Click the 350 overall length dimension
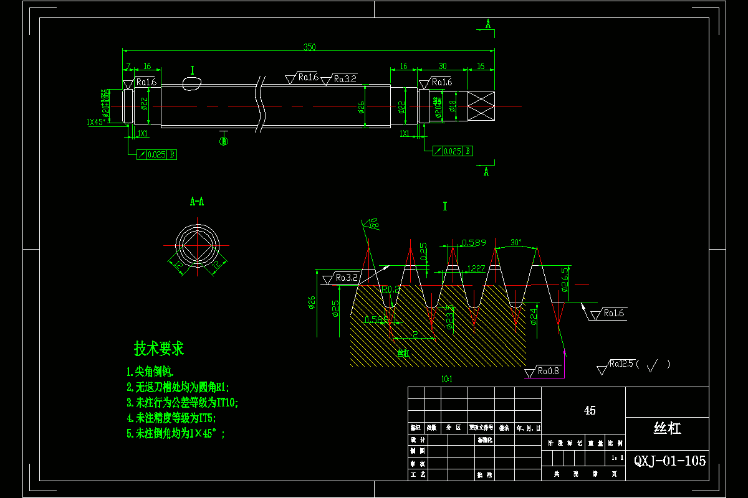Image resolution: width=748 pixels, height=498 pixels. tap(309, 47)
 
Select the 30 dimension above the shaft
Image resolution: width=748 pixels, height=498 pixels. tap(443, 66)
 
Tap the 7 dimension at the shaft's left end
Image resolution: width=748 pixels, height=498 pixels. tap(128, 66)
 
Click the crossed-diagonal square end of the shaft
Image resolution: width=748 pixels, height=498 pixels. tap(481, 106)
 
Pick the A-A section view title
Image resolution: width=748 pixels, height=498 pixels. tap(197, 202)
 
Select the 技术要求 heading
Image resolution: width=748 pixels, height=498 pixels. tap(159, 349)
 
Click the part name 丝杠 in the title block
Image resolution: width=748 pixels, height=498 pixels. tap(666, 428)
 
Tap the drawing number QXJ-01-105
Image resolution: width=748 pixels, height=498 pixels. tap(669, 461)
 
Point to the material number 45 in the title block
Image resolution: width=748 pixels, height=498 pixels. tap(589, 411)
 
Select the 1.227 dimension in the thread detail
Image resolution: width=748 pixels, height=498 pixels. tap(476, 268)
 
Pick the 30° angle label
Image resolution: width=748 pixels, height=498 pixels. tap(515, 242)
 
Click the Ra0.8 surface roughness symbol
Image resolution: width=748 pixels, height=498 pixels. tap(547, 372)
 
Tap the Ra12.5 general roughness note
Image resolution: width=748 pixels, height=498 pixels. tap(623, 364)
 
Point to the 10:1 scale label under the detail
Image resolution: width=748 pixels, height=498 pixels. tap(446, 379)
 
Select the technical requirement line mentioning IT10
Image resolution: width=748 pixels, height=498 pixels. tap(182, 403)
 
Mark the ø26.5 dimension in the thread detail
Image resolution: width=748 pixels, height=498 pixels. tap(565, 279)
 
